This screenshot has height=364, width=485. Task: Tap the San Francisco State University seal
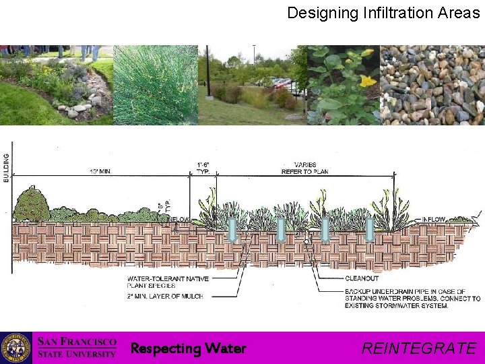(x=15, y=348)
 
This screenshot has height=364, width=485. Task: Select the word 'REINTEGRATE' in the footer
(x=418, y=348)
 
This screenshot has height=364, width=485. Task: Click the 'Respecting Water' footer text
(x=188, y=348)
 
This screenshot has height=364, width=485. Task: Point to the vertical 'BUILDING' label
(x=7, y=166)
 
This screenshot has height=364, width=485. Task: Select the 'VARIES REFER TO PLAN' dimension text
(x=304, y=169)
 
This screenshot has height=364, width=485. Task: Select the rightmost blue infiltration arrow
(x=369, y=229)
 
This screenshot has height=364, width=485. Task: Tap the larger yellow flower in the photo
(x=368, y=82)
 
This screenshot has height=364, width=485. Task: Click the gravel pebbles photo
(x=432, y=85)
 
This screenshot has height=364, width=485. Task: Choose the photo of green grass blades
(x=155, y=85)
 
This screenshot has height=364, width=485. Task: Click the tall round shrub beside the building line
(x=32, y=203)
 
